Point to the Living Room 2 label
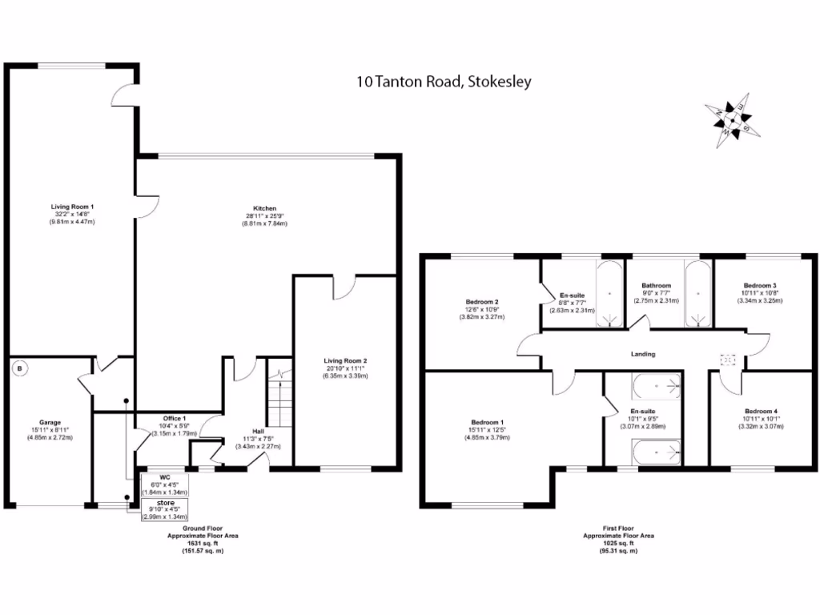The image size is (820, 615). point(345,360)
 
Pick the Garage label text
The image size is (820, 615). point(50,422)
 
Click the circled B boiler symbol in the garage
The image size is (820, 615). point(19,369)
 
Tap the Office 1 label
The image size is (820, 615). point(174,419)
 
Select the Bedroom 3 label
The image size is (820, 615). point(759,286)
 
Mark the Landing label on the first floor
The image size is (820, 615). point(642,353)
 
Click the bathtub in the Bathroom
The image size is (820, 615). point(697,294)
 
